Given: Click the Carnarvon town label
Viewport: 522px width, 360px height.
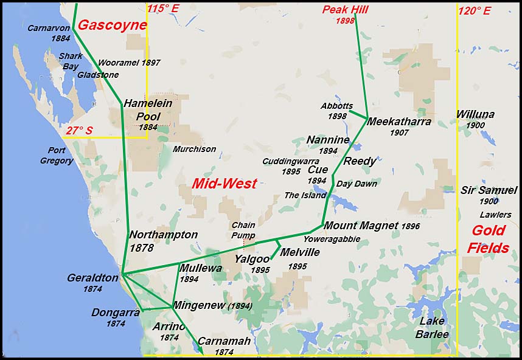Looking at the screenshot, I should point(49,28).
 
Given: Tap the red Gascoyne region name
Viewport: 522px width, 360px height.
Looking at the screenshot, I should point(113,26).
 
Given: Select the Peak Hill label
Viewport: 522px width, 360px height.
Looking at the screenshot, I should point(346,9).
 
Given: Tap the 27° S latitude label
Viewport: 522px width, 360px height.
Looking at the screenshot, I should point(80,130).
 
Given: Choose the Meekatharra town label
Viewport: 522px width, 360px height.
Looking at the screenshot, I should point(400,122).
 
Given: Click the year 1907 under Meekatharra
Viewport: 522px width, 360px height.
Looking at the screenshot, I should point(399,133).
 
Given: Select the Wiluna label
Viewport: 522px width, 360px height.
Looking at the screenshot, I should point(475,114).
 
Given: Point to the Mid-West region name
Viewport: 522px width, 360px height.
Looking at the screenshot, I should point(224,183).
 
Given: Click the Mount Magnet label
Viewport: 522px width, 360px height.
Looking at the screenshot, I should point(361,226).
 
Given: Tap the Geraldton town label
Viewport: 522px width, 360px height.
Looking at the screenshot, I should point(92,278).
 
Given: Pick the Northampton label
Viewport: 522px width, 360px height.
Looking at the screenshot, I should point(163,235).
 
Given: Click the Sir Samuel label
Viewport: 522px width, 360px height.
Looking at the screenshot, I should point(489,190).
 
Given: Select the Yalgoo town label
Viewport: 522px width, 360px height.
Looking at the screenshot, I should point(252,259).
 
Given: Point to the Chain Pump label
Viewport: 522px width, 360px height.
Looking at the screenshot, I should point(243,230).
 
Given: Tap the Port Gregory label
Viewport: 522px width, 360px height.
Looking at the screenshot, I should point(57,156).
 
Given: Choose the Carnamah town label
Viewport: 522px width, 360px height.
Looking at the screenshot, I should point(224,342).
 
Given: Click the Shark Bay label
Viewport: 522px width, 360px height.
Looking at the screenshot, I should point(71,61).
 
